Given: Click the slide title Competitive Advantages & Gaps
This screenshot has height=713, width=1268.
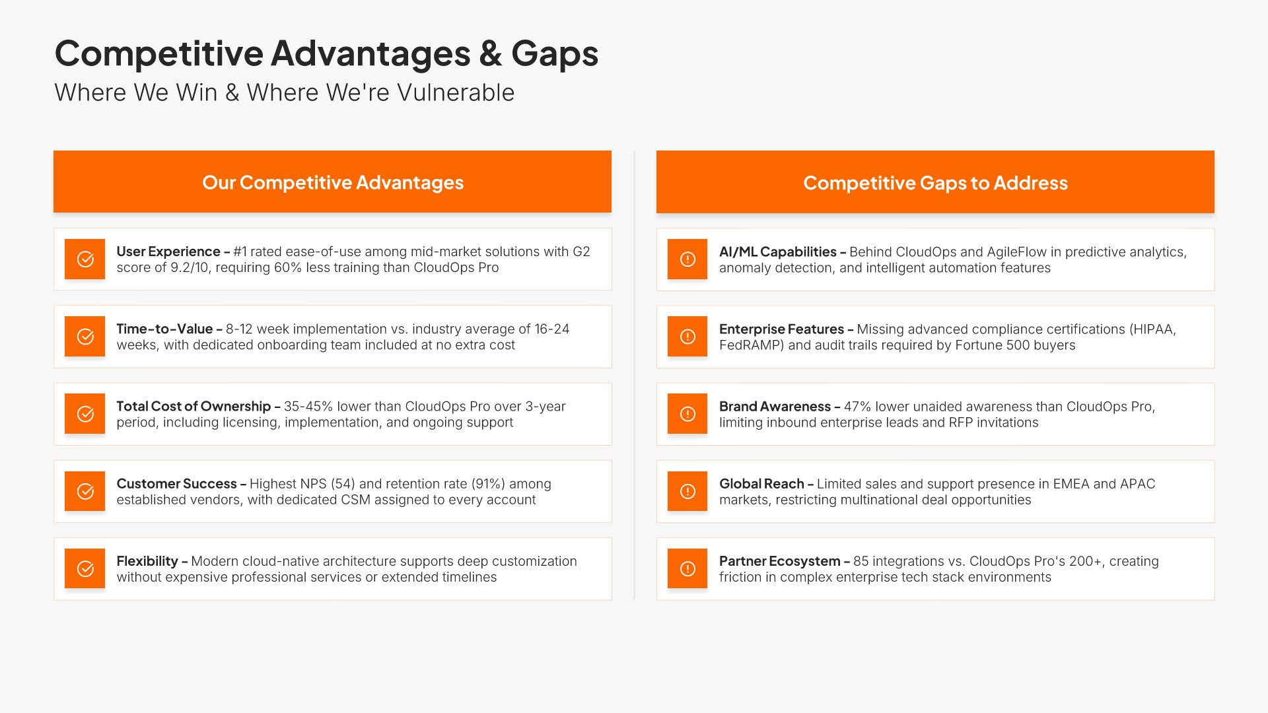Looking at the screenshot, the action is point(326,53).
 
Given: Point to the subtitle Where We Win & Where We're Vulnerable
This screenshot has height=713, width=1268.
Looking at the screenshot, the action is point(284,92).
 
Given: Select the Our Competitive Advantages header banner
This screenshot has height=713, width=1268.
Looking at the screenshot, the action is point(332,182).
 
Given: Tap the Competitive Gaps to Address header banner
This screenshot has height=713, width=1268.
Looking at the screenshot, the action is point(935,182).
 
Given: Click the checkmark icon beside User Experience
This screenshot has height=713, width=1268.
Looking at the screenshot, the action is point(85,259).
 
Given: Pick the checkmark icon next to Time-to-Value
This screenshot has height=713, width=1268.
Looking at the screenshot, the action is point(85,337).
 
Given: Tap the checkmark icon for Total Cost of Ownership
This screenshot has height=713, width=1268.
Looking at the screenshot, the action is point(85,414).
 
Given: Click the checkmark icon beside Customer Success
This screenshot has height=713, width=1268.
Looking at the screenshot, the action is point(85,491).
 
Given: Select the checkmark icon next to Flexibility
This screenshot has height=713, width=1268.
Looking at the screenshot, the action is point(85,568).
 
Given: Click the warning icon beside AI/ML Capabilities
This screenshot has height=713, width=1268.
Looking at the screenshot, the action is point(687,259).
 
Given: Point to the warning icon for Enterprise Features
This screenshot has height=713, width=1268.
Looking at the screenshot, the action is point(687,337).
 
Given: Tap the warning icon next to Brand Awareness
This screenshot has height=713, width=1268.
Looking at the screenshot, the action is point(687,414).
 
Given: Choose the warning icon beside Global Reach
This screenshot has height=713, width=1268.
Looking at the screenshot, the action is point(687,491).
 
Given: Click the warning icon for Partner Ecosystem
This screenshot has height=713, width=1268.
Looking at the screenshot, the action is point(687,568).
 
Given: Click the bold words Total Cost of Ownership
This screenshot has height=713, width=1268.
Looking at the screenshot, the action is point(194,407).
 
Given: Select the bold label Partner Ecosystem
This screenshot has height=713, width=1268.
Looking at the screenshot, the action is point(780,561).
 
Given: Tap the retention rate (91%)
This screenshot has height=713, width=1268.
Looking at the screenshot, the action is point(487,484).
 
